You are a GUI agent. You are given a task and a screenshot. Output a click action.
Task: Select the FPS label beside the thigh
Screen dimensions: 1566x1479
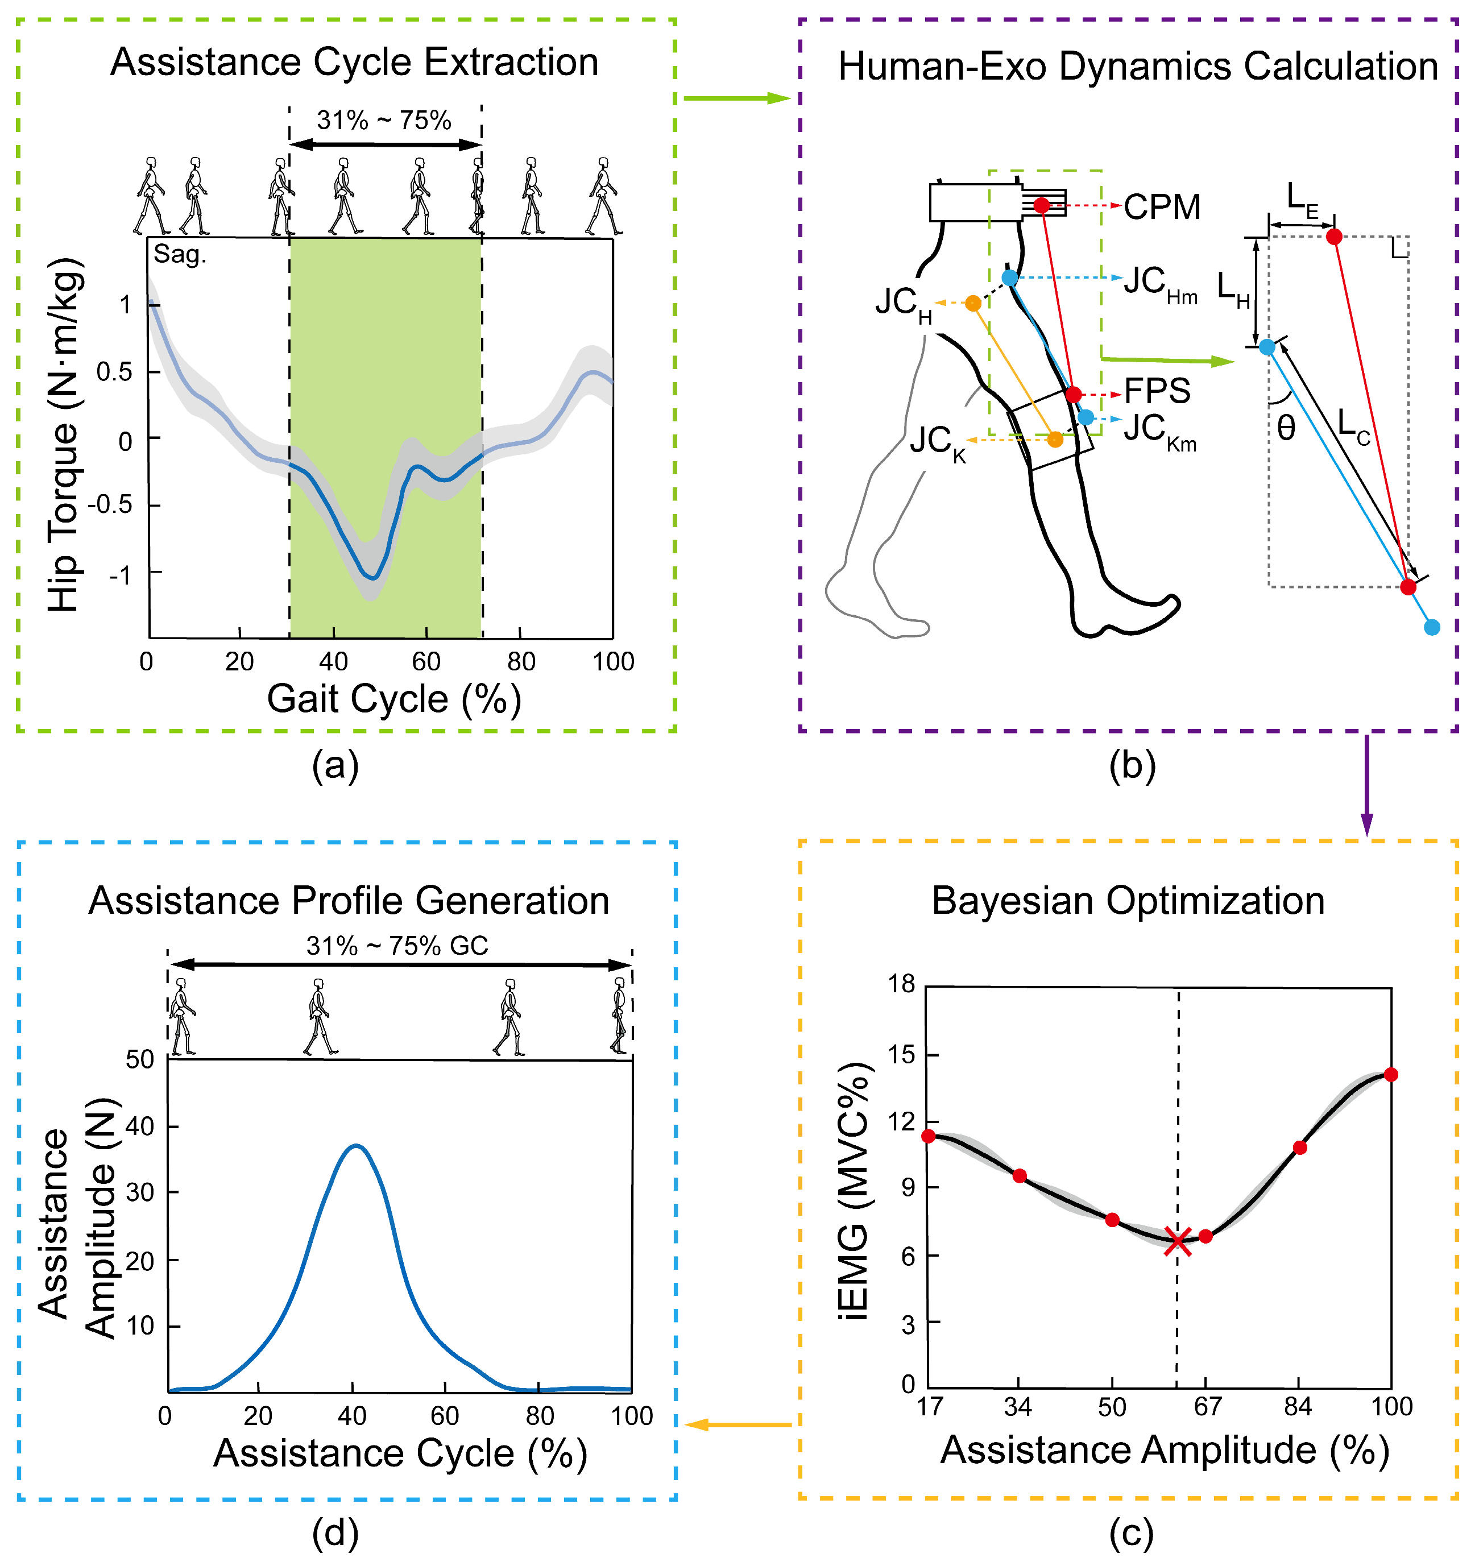1157,391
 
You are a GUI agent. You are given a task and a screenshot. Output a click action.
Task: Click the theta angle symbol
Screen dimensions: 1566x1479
1286,428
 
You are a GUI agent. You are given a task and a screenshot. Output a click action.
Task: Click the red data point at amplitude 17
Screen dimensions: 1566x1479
929,1136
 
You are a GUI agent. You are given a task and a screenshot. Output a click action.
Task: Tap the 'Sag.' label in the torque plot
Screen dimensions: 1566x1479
180,255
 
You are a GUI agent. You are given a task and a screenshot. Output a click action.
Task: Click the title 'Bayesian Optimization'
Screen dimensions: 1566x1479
1128,901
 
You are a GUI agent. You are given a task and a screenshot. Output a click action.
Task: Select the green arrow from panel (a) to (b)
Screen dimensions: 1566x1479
736,98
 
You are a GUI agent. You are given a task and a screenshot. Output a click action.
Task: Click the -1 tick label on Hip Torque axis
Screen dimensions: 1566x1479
121,574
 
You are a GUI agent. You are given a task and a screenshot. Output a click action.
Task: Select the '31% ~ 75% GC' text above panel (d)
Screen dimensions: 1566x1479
397,946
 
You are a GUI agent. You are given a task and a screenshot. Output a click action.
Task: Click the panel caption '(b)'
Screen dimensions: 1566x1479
1132,765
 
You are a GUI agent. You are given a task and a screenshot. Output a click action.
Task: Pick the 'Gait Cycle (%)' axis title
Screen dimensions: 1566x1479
394,699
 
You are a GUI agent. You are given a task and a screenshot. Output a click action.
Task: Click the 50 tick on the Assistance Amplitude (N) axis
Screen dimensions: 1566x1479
140,1059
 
